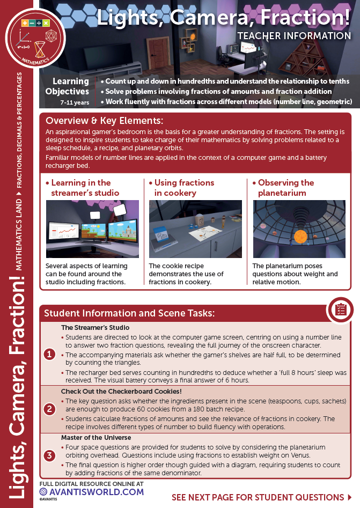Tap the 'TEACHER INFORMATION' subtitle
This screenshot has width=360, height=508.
[294, 36]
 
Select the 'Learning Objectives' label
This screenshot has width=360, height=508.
[70, 86]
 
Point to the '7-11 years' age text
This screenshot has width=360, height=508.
[75, 101]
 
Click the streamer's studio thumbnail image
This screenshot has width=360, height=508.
[92, 230]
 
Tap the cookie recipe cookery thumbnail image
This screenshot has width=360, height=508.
[195, 230]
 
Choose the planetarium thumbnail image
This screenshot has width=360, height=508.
[299, 230]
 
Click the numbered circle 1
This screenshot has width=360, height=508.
[49, 354]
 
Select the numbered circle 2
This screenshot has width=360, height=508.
[49, 409]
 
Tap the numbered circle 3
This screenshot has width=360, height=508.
[49, 456]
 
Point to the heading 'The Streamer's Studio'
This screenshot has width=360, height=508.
[95, 327]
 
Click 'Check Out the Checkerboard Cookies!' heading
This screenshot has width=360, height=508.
[121, 392]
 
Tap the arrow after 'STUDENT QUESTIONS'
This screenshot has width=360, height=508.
[350, 497]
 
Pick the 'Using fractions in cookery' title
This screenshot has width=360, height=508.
[185, 188]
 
